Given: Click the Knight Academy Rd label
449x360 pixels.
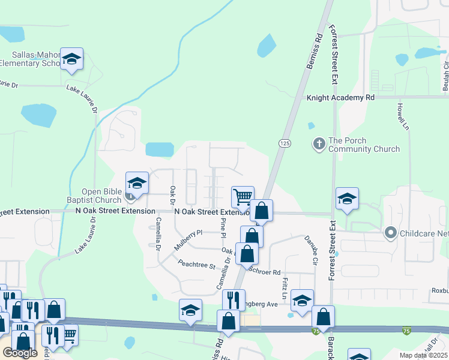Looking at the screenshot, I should [340, 97].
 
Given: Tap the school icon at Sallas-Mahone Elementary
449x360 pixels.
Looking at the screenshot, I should [71, 60].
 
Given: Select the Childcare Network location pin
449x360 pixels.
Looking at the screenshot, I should [391, 232].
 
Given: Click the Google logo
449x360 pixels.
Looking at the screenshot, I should [20, 353].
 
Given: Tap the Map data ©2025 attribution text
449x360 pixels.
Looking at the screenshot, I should [423, 355].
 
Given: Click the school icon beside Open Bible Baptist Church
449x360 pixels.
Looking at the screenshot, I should [137, 183].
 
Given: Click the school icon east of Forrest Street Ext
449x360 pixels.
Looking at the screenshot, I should [347, 199].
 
